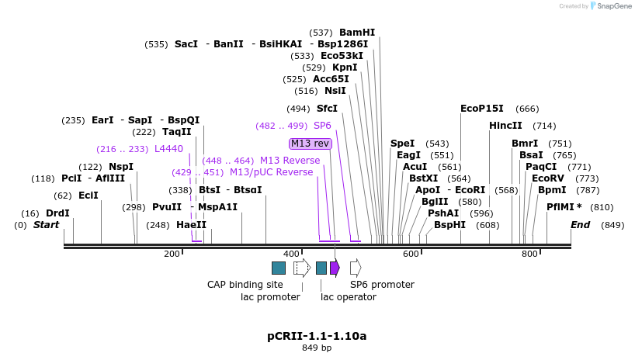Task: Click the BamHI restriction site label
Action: coord(357,33)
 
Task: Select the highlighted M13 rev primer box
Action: coord(311,144)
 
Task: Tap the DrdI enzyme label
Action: coord(57,213)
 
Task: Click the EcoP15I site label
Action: coord(482,109)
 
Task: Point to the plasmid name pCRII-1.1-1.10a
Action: coord(317,336)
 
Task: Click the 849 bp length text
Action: coord(317,348)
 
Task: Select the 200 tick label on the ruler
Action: coord(172,254)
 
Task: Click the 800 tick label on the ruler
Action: coord(530,254)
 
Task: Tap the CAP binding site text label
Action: coord(245,285)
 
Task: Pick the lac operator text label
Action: coord(349,297)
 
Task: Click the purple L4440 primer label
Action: coord(168,149)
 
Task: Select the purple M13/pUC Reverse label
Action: coord(272,172)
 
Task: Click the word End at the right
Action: coord(581,225)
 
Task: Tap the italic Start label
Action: coord(47,225)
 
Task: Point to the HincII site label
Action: coord(505,126)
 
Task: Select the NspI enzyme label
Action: coord(121,167)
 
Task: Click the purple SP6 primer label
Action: coord(323,126)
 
